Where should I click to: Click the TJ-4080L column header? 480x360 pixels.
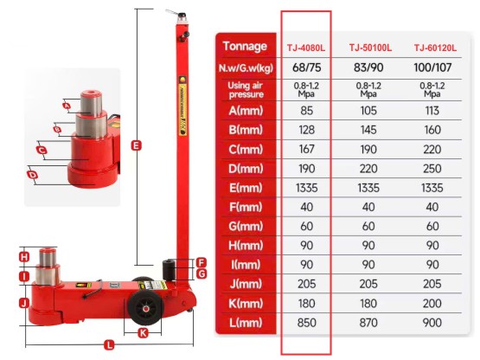click(x=305, y=47)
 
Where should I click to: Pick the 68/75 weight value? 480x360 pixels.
click(x=305, y=67)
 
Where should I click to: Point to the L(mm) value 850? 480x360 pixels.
click(x=305, y=323)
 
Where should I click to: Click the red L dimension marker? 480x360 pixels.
click(x=108, y=344)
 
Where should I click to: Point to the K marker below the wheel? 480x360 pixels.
click(x=144, y=331)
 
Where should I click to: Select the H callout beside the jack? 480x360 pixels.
click(x=24, y=256)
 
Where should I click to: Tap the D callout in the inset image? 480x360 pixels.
click(x=33, y=175)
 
